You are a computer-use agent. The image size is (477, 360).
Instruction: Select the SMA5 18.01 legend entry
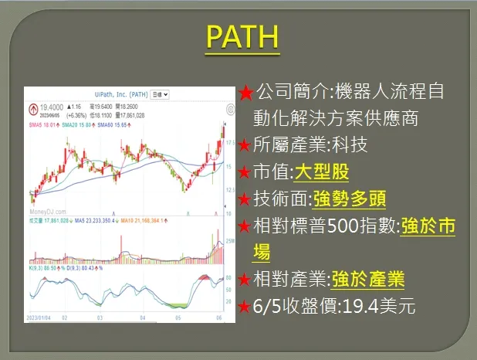coord(43,123)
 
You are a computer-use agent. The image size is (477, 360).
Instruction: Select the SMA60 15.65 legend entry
coord(110,123)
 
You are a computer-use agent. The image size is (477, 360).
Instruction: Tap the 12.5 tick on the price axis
coord(228,190)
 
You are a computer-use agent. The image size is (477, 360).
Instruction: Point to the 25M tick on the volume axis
coord(228,242)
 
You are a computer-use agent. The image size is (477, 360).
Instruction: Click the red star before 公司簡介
coord(245,93)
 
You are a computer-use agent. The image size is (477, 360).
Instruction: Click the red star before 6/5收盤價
coord(245,306)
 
